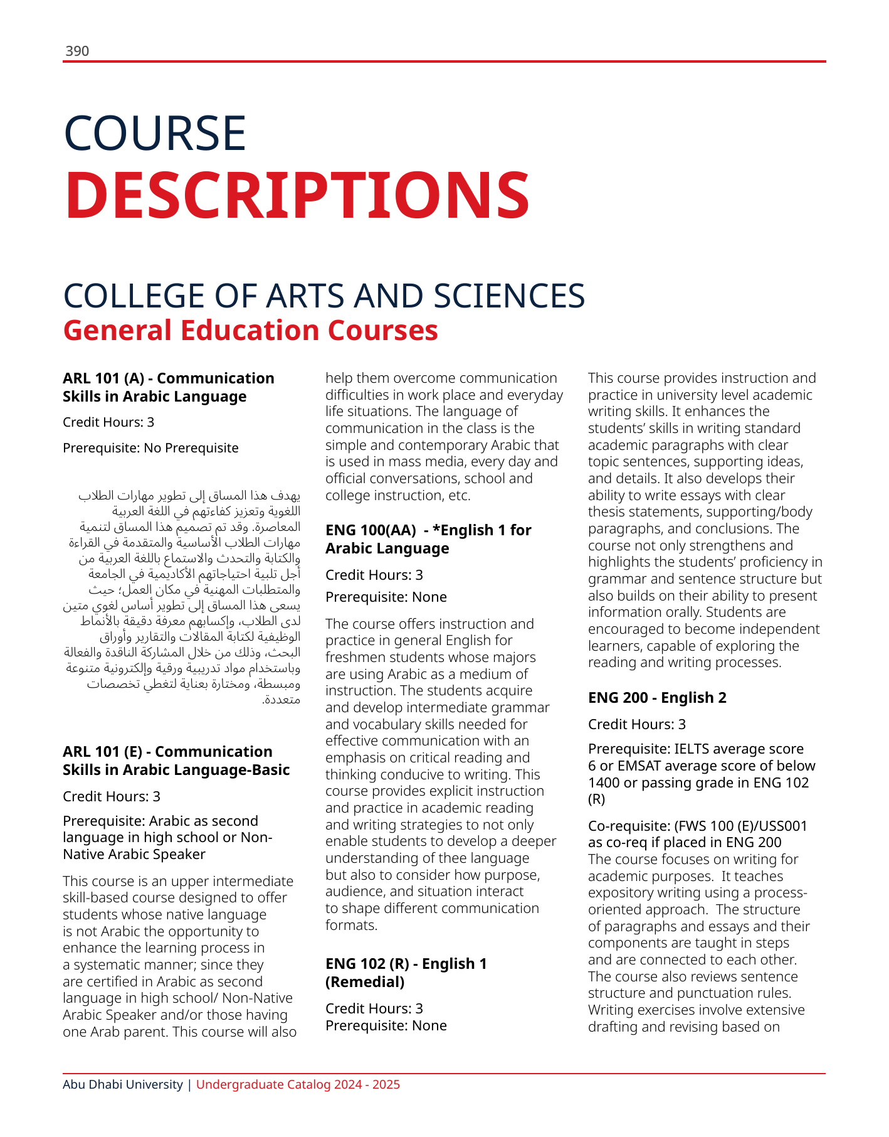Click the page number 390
pyautogui.click(x=77, y=51)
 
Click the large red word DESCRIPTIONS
pyautogui.click(x=297, y=195)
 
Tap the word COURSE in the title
pyautogui.click(x=155, y=133)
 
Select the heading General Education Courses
pyautogui.click(x=250, y=331)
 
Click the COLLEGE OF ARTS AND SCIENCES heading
pyautogui.click(x=324, y=296)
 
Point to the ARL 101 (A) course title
pyautogui.click(x=168, y=387)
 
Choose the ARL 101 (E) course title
pyautogui.click(x=176, y=761)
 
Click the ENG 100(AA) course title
pyautogui.click(x=428, y=539)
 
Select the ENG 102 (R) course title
pyautogui.click(x=406, y=973)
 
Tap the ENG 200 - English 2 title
pyautogui.click(x=657, y=698)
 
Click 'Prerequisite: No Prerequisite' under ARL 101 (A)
pyautogui.click(x=150, y=448)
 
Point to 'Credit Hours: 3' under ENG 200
pyautogui.click(x=637, y=725)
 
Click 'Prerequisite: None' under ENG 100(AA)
pyautogui.click(x=386, y=597)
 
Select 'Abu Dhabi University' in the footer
pyautogui.click(x=123, y=1084)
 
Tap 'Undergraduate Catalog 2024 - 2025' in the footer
pyautogui.click(x=298, y=1084)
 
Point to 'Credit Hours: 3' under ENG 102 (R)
pyautogui.click(x=374, y=1008)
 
